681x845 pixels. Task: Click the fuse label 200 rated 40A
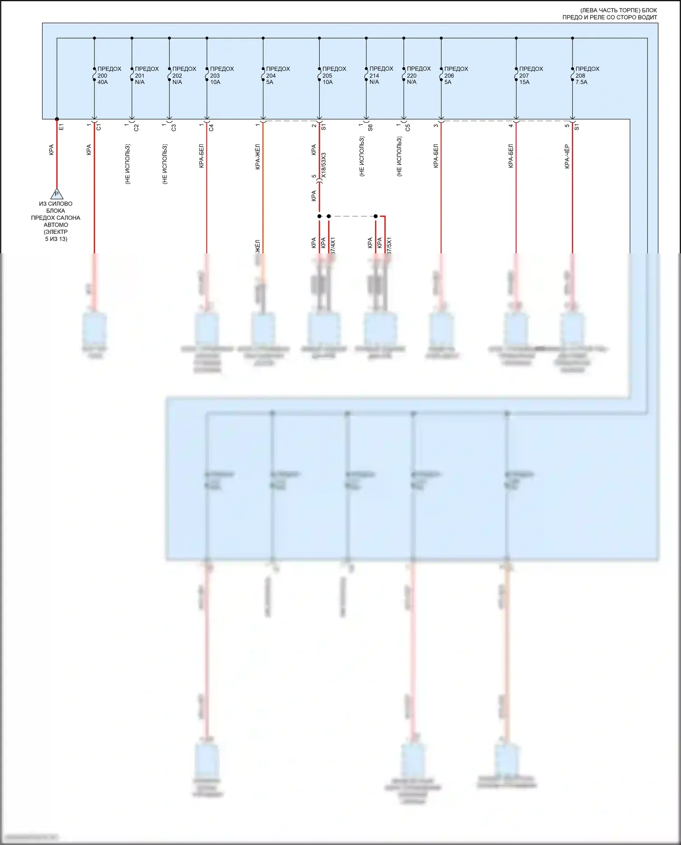pos(109,75)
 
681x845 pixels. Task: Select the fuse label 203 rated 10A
pos(221,75)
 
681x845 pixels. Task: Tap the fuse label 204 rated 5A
pos(277,75)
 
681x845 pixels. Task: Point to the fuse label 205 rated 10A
pos(334,75)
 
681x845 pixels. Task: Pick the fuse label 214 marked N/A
pos(380,75)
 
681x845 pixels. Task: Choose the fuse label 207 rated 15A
pos(531,75)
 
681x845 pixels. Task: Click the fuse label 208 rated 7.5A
pos(587,75)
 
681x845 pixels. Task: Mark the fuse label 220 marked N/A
pos(418,75)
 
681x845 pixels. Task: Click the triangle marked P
pos(57,194)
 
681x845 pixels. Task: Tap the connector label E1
pos(62,128)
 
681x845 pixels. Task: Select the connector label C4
pos(212,128)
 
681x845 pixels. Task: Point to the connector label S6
pos(370,128)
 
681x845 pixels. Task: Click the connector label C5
pos(408,128)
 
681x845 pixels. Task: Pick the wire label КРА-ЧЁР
pos(567,157)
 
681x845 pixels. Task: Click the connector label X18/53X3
pos(324,165)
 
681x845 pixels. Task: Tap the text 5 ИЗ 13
pos(56,239)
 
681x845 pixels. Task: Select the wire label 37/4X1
pos(333,245)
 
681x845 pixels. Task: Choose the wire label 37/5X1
pos(389,245)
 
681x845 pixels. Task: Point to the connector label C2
pos(137,128)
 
